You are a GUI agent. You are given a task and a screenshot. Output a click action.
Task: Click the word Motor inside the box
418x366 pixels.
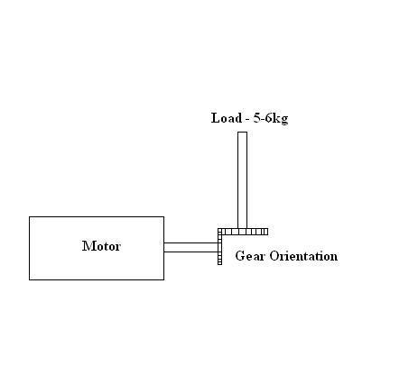click(x=101, y=246)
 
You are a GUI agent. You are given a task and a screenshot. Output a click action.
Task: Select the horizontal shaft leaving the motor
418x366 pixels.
click(x=190, y=247)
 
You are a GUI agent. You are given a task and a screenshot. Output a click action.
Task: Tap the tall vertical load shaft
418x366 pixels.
click(x=243, y=180)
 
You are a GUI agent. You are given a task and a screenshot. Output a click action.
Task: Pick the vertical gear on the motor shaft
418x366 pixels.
click(x=219, y=247)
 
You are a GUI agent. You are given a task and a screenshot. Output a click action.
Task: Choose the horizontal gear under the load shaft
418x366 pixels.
click(x=243, y=232)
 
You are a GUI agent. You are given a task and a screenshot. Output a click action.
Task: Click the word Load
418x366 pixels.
click(x=227, y=118)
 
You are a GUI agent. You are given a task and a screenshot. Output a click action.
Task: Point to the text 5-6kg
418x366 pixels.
click(x=271, y=118)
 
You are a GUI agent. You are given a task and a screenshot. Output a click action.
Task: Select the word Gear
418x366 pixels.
click(x=250, y=256)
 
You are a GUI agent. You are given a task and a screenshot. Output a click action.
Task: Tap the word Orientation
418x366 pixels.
click(x=303, y=256)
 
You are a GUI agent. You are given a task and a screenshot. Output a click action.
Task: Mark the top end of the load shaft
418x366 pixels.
click(x=243, y=132)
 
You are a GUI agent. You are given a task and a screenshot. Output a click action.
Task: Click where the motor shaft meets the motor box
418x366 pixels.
click(x=164, y=247)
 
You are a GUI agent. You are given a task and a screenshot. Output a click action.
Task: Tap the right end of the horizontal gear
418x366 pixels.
click(x=268, y=232)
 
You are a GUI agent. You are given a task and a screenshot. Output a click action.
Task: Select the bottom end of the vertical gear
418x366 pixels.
click(x=219, y=265)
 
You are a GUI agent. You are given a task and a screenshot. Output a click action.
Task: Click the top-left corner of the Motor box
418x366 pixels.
click(x=30, y=216)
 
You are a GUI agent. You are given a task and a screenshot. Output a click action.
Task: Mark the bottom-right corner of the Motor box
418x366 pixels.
click(x=164, y=279)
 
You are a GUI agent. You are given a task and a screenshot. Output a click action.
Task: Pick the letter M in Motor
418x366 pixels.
click(x=88, y=246)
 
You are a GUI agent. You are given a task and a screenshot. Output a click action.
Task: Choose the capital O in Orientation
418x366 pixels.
click(x=274, y=256)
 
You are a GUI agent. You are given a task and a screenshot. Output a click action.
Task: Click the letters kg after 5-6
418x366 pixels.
click(x=281, y=119)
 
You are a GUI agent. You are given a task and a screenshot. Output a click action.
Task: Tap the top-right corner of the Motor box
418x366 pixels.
click(x=164, y=216)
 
